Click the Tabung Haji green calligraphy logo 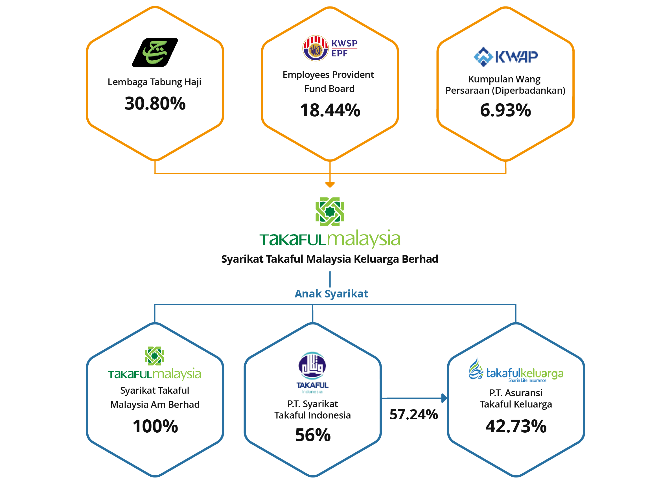point(156,52)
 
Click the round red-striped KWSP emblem point(315,48)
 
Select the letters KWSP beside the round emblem point(344,43)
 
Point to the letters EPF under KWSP point(340,53)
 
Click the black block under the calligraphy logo point(158,102)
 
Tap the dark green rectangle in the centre point(293,244)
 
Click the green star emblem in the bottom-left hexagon point(154,356)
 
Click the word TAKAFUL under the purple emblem point(312,385)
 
